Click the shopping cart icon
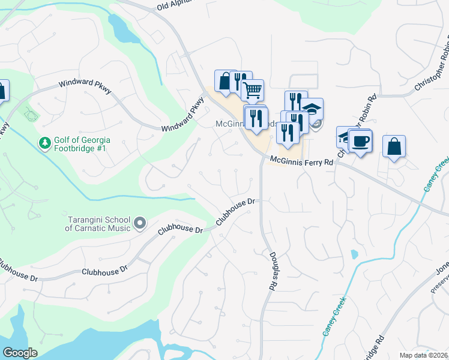tap(253, 90)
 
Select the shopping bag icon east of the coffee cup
tap(394, 146)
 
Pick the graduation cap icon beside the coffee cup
tap(345, 137)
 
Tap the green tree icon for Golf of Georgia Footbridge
tap(44, 143)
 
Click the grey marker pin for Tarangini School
tap(140, 224)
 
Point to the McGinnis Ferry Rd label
tap(301, 161)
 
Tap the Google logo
tap(20, 353)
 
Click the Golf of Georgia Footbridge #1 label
tap(82, 144)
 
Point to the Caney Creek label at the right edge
tap(437, 174)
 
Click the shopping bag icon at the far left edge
tap(2, 92)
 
